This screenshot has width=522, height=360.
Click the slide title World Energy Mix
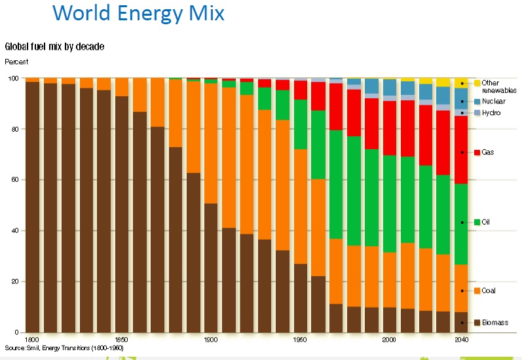(138, 12)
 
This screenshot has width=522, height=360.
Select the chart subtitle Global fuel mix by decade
(54, 46)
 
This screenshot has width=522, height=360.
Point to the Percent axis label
(16, 62)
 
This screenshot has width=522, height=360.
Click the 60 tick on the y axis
(15, 180)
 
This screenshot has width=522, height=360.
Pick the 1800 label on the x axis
(31, 340)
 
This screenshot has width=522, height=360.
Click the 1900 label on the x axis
(210, 340)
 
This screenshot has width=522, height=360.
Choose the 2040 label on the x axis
(461, 340)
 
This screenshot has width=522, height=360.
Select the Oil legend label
(486, 222)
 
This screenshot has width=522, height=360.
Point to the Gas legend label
(489, 152)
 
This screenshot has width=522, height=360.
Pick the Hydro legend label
(491, 113)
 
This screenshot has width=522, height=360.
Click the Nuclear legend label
(494, 101)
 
